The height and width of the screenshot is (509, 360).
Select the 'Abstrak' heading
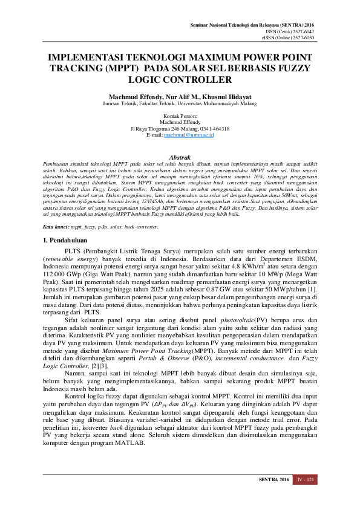[x=179, y=156]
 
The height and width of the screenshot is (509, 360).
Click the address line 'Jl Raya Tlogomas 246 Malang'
[x=179, y=129]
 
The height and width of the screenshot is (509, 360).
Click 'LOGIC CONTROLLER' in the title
[x=179, y=79]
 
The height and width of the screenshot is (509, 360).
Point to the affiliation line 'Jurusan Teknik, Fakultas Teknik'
[x=179, y=103]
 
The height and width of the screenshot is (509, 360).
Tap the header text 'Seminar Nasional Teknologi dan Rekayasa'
[x=256, y=24]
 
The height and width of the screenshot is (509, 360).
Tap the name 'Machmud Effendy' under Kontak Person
[x=179, y=122]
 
